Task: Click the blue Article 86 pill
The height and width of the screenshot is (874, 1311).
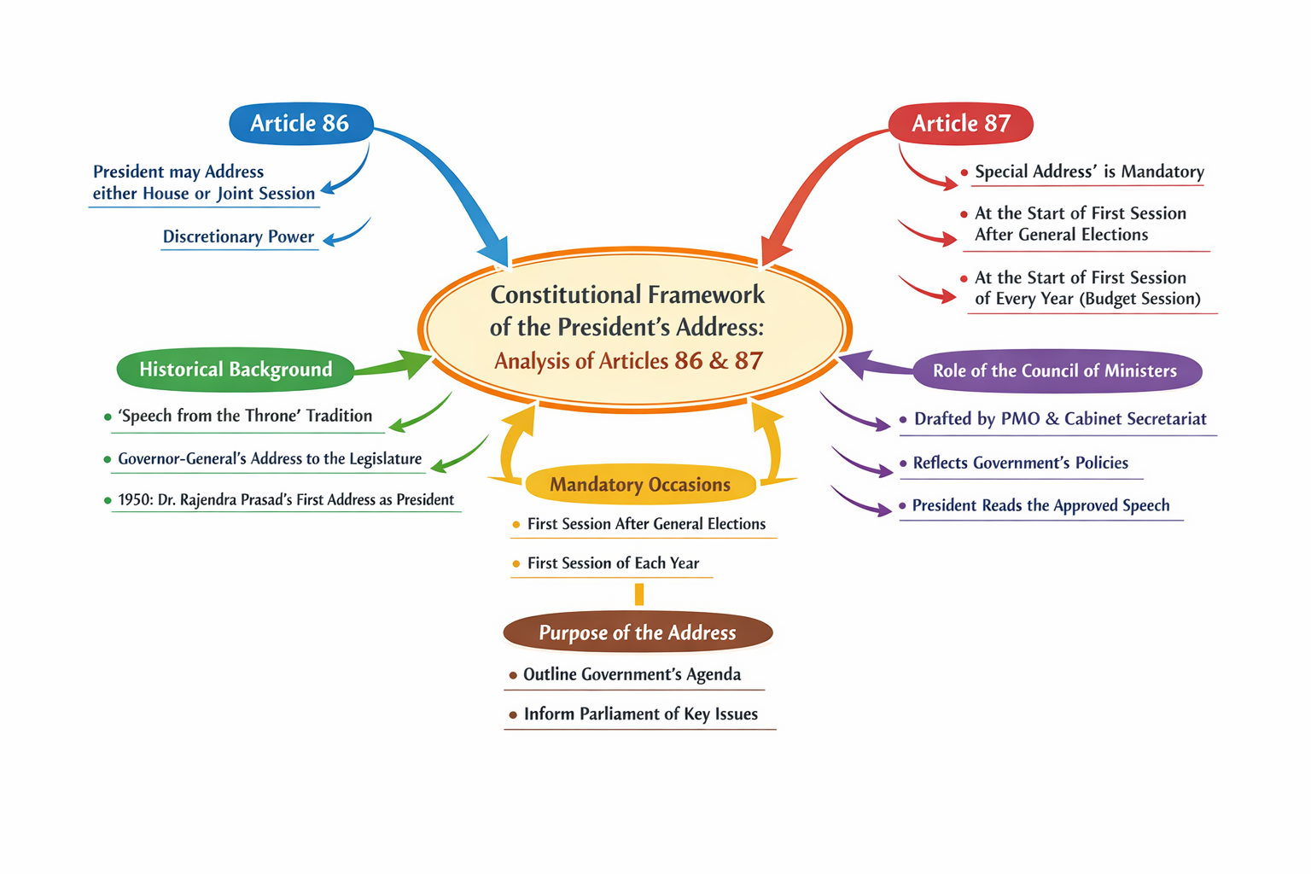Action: (x=300, y=124)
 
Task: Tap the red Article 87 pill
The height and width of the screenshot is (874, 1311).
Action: (x=960, y=124)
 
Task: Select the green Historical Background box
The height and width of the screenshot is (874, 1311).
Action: (x=236, y=370)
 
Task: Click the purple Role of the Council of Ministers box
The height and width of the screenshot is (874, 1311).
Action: (x=1055, y=371)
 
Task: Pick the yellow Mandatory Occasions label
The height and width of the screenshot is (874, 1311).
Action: (x=640, y=485)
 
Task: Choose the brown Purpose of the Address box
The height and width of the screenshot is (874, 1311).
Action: (x=638, y=633)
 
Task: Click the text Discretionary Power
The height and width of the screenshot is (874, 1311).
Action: (x=238, y=236)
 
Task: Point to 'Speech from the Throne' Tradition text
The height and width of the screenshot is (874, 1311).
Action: (x=245, y=417)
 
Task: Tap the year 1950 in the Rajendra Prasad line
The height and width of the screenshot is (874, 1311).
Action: (x=134, y=500)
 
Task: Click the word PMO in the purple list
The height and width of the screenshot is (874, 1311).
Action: (x=1020, y=419)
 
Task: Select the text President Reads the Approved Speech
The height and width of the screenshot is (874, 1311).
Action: (x=1040, y=506)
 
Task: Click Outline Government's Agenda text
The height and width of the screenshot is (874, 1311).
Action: (x=632, y=675)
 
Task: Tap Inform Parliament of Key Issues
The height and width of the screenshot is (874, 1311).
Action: (x=640, y=714)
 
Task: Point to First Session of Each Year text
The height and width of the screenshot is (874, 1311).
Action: (x=613, y=563)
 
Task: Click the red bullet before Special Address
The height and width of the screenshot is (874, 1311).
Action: (x=964, y=172)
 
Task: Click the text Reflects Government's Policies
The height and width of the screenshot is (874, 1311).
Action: (x=1020, y=463)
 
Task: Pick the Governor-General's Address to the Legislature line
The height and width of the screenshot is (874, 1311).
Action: (x=270, y=459)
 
